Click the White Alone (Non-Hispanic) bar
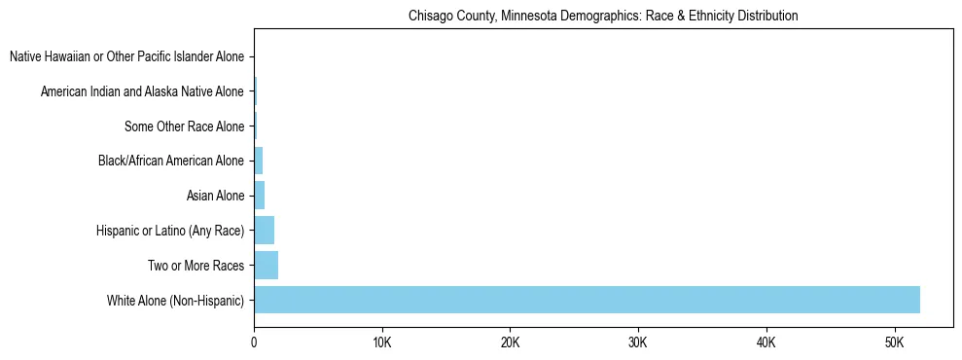coord(587,300)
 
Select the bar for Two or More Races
coord(266,265)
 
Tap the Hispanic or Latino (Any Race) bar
coord(264,231)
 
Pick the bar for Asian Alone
coord(259,196)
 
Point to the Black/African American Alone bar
coord(258,161)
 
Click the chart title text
coord(603,17)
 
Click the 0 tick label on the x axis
coord(254,343)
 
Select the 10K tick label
coord(381,343)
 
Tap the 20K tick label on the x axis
coord(510,343)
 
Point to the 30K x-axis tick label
coord(638,343)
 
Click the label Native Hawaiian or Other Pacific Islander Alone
coord(126,56)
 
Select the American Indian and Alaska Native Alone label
coord(142,91)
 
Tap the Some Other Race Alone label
coord(185,126)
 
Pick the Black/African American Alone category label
coord(171,161)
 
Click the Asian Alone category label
coord(215,196)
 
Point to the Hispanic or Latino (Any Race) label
coord(170,231)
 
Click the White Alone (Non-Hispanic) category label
coord(176,300)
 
